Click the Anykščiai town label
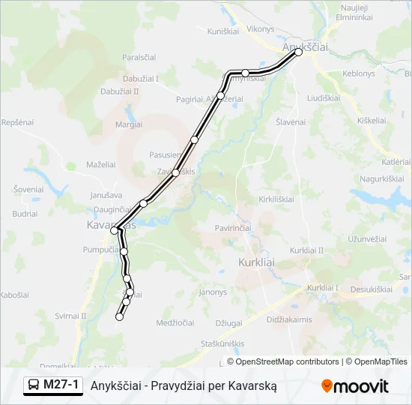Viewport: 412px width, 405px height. click(306, 46)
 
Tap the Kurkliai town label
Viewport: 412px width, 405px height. click(256, 262)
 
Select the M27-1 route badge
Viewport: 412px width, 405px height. click(52, 385)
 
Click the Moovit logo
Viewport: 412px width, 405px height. click(355, 386)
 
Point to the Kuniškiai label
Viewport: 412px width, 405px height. click(222, 31)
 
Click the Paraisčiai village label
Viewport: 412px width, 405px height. click(139, 57)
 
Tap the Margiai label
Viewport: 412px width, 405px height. click(129, 124)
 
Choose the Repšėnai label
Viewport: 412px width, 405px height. click(18, 121)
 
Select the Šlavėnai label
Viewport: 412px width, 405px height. click(291, 121)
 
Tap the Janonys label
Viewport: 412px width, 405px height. click(213, 292)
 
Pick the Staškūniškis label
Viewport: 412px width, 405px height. click(223, 343)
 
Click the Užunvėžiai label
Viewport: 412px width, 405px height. click(366, 239)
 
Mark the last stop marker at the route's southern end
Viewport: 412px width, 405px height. click(119, 317)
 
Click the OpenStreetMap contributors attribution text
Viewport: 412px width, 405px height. click(283, 361)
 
